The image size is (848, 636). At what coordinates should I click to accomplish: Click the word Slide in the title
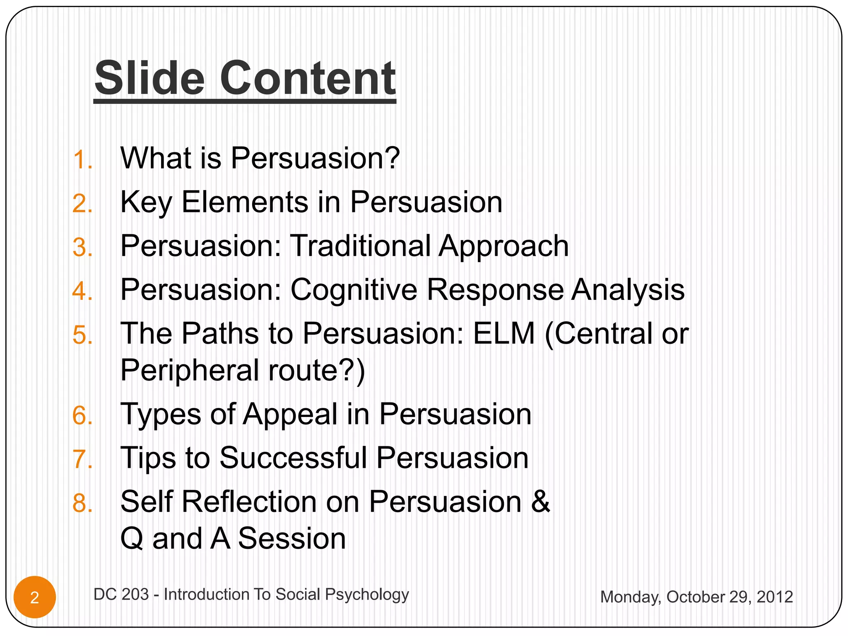[149, 78]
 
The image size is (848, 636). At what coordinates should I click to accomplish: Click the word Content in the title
[308, 78]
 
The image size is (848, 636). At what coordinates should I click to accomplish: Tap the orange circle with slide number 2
[35, 597]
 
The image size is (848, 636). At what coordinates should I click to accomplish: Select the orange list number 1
[82, 160]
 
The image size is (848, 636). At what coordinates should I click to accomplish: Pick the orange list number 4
[82, 291]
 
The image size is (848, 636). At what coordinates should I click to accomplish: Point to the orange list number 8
[82, 503]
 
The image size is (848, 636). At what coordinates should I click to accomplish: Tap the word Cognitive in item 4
[354, 290]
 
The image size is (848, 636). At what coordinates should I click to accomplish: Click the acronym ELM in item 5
[504, 334]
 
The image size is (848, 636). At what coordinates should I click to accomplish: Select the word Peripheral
[190, 371]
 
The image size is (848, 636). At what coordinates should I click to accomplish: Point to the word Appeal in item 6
[290, 414]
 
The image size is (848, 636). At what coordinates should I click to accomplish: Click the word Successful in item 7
[293, 458]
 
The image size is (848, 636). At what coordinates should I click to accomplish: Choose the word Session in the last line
[292, 539]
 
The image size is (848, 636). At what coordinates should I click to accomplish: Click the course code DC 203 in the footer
[121, 595]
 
